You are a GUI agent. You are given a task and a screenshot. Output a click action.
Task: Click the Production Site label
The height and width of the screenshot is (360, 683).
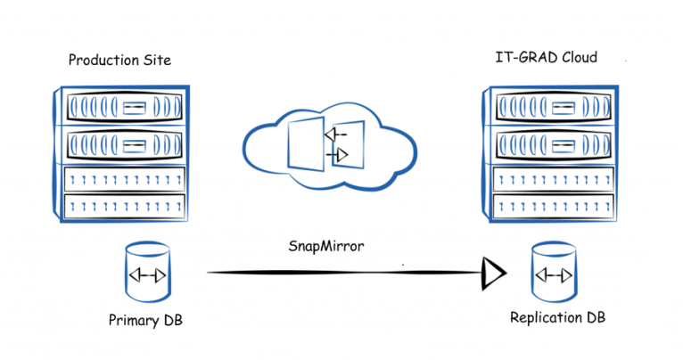(x=119, y=60)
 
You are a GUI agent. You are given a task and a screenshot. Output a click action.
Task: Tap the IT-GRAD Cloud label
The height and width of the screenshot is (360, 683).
(x=547, y=57)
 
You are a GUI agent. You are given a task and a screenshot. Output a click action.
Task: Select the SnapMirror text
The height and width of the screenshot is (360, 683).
(x=326, y=246)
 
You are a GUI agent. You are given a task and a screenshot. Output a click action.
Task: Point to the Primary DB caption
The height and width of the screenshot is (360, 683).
(x=145, y=321)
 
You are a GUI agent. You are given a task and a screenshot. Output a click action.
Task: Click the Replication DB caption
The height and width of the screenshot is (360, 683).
(x=557, y=317)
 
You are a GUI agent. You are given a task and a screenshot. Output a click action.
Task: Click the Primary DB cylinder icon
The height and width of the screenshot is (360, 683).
(x=148, y=273)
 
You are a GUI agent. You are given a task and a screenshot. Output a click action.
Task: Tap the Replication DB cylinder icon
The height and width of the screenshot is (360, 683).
(x=554, y=272)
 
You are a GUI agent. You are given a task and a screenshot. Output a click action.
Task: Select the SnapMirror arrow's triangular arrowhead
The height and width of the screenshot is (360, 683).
(x=493, y=274)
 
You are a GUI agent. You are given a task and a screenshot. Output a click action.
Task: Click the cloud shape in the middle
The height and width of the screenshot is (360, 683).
(x=330, y=147)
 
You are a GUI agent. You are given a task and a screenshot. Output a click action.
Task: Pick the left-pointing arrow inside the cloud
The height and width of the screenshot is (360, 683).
(x=335, y=135)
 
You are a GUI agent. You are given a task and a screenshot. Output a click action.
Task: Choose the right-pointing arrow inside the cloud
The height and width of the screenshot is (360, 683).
(x=337, y=154)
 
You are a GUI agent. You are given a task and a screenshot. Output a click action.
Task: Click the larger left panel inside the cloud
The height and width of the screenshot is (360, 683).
(x=306, y=143)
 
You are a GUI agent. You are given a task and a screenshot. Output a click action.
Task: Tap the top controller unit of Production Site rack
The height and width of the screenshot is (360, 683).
(x=125, y=107)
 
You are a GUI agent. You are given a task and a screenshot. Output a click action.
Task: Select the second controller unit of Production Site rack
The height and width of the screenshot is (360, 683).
(x=125, y=144)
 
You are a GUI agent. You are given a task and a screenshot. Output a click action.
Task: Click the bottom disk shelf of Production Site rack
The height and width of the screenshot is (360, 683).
(x=125, y=207)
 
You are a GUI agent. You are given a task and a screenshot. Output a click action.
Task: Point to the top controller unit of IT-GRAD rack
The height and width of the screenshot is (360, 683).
(x=553, y=107)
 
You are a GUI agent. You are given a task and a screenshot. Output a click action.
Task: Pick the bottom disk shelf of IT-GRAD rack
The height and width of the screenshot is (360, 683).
(x=553, y=207)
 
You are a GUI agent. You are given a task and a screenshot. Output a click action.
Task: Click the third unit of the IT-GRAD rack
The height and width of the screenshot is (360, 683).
(x=553, y=179)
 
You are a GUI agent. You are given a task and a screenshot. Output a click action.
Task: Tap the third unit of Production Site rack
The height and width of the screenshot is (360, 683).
(x=125, y=179)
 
